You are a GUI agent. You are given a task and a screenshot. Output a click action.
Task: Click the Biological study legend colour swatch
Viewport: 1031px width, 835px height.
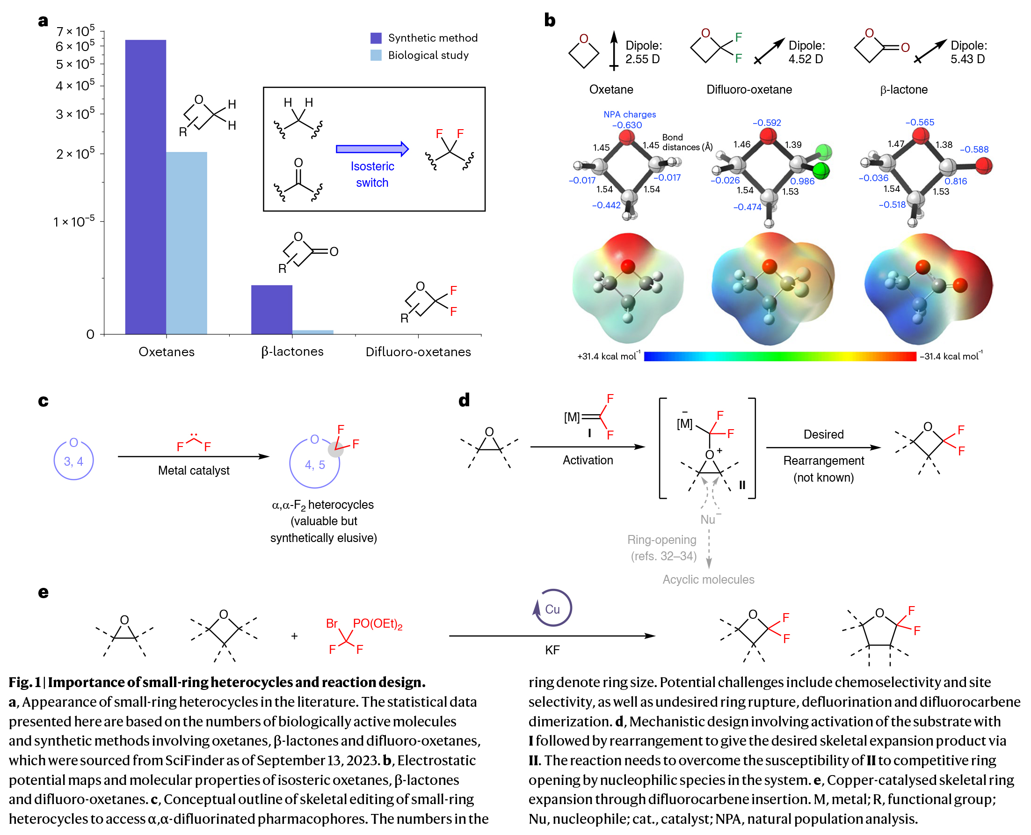(x=376, y=55)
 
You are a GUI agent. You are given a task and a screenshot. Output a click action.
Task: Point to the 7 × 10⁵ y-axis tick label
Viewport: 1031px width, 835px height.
(x=75, y=31)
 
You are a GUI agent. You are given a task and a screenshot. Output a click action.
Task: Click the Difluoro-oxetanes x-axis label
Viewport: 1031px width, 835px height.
(x=418, y=352)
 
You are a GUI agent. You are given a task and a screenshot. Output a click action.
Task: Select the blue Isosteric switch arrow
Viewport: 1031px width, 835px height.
(x=372, y=149)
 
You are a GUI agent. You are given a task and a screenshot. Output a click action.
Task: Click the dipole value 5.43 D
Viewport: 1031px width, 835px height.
(x=967, y=59)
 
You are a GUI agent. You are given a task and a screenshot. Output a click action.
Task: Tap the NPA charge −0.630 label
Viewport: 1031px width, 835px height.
(x=627, y=125)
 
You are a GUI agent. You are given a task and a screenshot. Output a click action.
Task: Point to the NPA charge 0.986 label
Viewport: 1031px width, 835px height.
(x=802, y=181)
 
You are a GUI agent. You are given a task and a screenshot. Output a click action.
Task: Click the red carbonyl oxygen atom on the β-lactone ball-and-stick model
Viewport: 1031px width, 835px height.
(x=983, y=166)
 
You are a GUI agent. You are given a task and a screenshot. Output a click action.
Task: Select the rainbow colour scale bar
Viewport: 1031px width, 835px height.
(x=780, y=356)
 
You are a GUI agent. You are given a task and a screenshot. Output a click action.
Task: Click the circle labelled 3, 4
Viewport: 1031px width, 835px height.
(x=73, y=460)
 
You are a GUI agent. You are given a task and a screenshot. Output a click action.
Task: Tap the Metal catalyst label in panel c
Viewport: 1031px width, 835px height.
(x=194, y=470)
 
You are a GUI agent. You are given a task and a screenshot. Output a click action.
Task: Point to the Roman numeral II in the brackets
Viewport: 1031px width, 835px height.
(x=741, y=485)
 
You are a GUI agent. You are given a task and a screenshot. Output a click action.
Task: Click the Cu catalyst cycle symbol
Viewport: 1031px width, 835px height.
(x=553, y=608)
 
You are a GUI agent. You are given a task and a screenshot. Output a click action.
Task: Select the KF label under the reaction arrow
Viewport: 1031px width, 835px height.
(x=552, y=650)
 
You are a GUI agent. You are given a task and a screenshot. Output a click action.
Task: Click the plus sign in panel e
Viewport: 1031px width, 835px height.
(x=294, y=636)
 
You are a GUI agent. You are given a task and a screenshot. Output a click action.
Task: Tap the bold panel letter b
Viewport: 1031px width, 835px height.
(x=549, y=20)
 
